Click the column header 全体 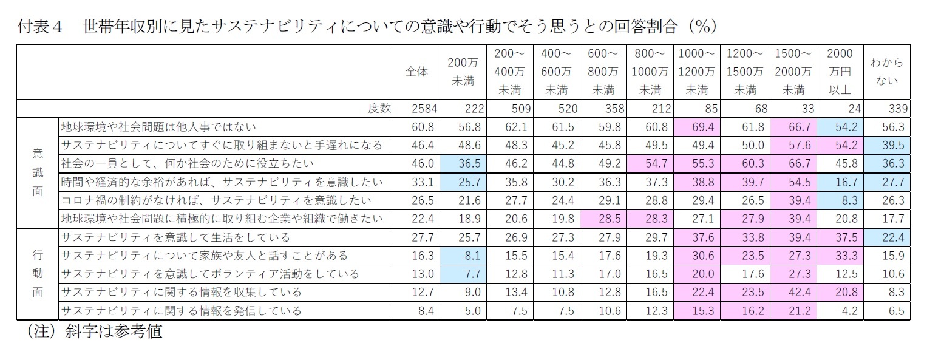416,72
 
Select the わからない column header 886,72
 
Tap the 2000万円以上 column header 839,72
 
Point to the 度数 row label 379,109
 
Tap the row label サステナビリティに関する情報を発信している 182,311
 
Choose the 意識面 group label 38,173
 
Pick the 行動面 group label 38,274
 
